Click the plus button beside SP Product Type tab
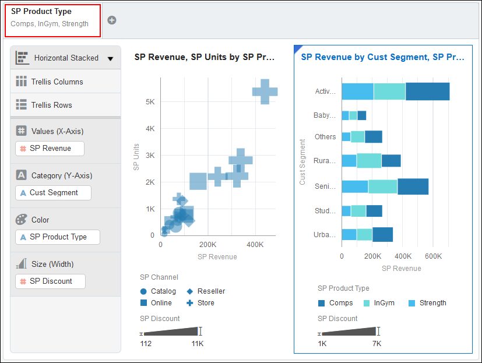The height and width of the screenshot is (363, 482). coord(112,20)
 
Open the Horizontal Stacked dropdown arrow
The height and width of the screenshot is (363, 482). coord(110,58)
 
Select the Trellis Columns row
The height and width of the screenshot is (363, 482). coord(57,82)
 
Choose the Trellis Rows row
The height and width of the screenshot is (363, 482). coord(51,105)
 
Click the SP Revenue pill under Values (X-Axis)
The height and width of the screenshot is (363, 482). coord(50,149)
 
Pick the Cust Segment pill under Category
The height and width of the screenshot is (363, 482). coord(53,193)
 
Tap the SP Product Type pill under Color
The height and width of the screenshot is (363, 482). coord(57,237)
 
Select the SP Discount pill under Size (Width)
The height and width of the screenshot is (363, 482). coord(50,281)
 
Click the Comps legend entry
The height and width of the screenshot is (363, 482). coord(336,303)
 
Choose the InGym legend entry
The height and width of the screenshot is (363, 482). coord(379,303)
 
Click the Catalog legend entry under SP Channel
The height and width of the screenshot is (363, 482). coord(158,291)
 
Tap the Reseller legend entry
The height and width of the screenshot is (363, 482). coord(206,291)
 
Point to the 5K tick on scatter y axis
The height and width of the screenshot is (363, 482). coord(150,101)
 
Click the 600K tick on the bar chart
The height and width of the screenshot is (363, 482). coord(434,256)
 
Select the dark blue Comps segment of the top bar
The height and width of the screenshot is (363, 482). coord(427,91)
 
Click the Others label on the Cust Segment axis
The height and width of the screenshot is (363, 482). coord(325,137)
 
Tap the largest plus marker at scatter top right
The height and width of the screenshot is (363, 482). coord(265,91)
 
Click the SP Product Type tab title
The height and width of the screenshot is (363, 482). coord(41,12)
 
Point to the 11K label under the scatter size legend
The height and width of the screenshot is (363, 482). coord(198,344)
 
